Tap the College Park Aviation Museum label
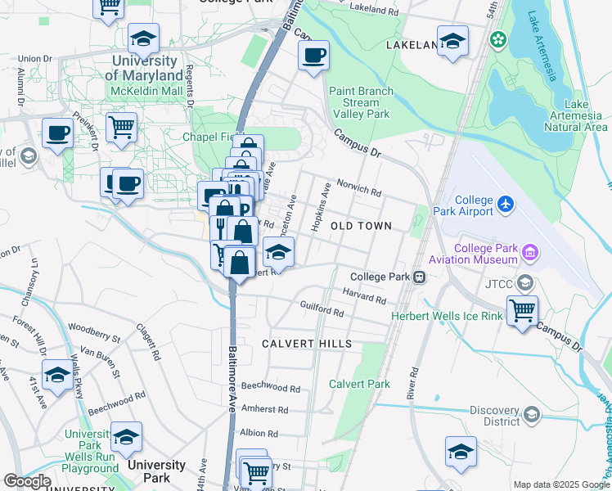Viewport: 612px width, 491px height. (x=485, y=254)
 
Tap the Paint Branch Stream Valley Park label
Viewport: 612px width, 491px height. (x=361, y=103)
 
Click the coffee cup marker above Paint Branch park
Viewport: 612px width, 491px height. (x=313, y=56)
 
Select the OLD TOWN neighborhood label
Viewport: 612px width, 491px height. (x=361, y=225)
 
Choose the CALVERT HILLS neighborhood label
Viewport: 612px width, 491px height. (x=307, y=344)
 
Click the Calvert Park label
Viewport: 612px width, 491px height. (x=359, y=384)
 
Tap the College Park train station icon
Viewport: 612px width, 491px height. (x=419, y=277)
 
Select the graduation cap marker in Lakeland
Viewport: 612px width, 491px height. (x=452, y=42)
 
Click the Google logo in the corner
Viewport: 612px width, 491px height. (x=27, y=480)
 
